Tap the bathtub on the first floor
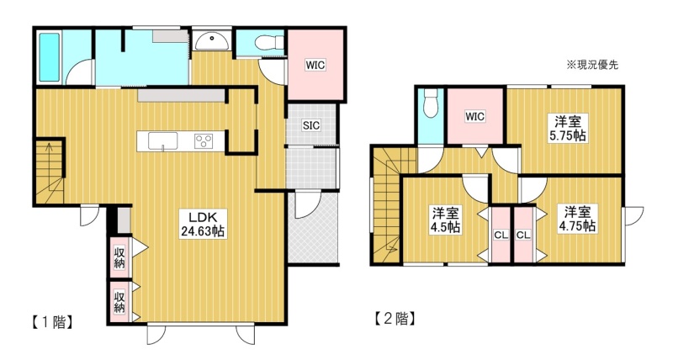(49, 56)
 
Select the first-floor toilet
(270, 43)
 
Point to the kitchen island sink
(163, 141)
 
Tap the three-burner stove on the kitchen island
(204, 141)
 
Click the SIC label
(311, 125)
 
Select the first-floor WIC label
(315, 66)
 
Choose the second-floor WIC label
(475, 116)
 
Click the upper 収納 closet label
(119, 257)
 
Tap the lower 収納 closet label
(119, 302)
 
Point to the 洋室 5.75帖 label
(568, 129)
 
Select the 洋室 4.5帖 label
(446, 220)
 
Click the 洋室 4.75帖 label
(577, 219)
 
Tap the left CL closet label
(501, 236)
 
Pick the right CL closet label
(523, 236)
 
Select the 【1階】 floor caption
(51, 322)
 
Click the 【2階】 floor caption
(395, 319)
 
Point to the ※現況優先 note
(593, 66)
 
